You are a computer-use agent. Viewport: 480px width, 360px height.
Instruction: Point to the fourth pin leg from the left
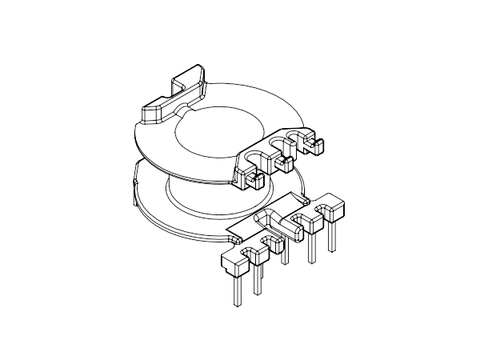click(311, 247)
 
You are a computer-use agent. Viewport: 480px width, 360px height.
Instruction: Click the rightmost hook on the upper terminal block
click(313, 146)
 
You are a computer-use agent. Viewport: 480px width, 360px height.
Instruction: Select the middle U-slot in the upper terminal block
click(278, 144)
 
